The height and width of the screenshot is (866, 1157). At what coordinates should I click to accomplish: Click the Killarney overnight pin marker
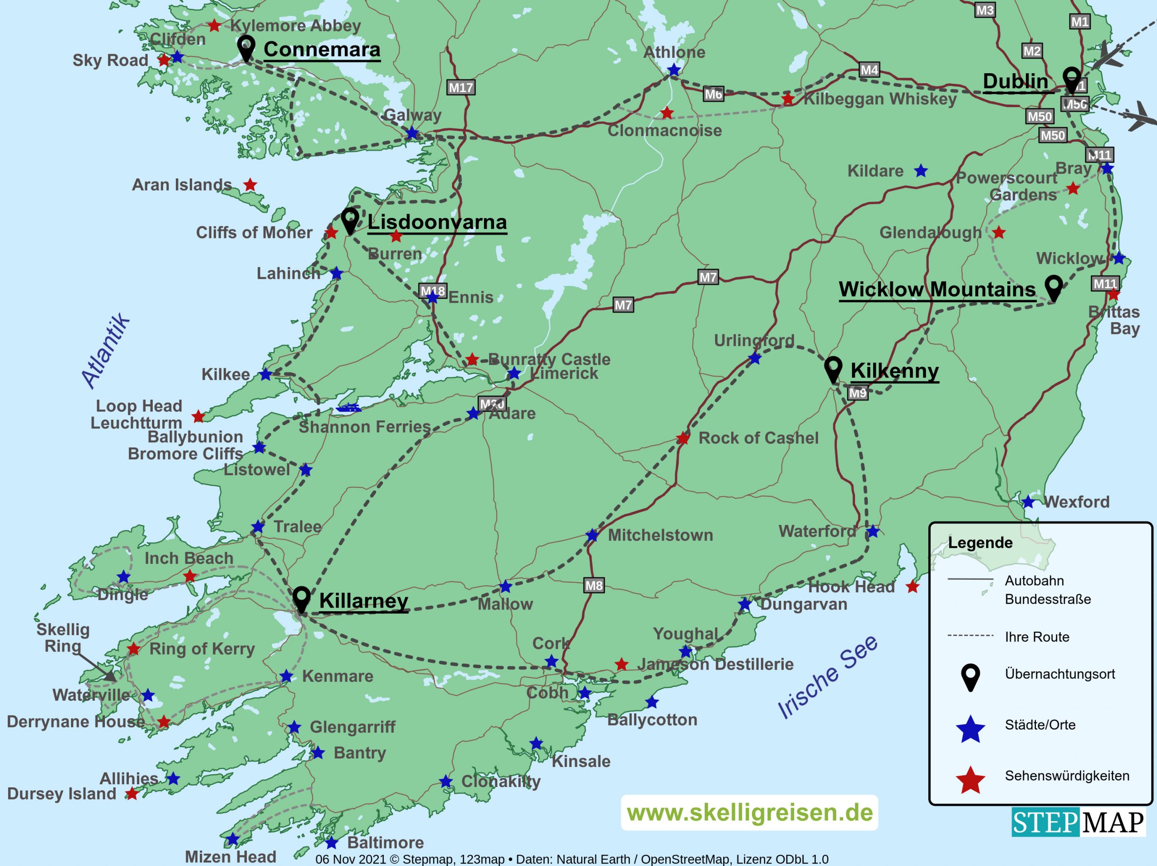[x=301, y=598]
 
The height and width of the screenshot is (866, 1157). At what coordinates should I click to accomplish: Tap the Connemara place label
[x=322, y=50]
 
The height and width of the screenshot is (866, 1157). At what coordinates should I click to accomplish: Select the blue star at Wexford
[x=1028, y=502]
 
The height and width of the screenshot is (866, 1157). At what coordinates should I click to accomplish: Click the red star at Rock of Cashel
[x=682, y=438]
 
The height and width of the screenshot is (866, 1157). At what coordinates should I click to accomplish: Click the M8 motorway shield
[x=594, y=585]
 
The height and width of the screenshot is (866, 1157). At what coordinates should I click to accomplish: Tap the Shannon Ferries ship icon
[x=348, y=408]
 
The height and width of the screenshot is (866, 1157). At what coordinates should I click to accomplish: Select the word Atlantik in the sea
[x=106, y=351]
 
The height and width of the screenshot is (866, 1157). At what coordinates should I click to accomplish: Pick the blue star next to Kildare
[x=921, y=171]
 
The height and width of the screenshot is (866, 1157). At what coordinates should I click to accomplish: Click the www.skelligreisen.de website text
[x=749, y=813]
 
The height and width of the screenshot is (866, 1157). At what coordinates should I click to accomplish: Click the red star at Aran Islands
[x=250, y=185]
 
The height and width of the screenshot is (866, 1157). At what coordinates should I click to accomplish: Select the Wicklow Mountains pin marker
[x=1054, y=287]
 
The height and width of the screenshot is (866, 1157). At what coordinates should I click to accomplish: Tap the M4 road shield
[x=869, y=70]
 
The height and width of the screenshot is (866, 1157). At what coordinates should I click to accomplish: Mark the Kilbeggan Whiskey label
[x=880, y=99]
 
